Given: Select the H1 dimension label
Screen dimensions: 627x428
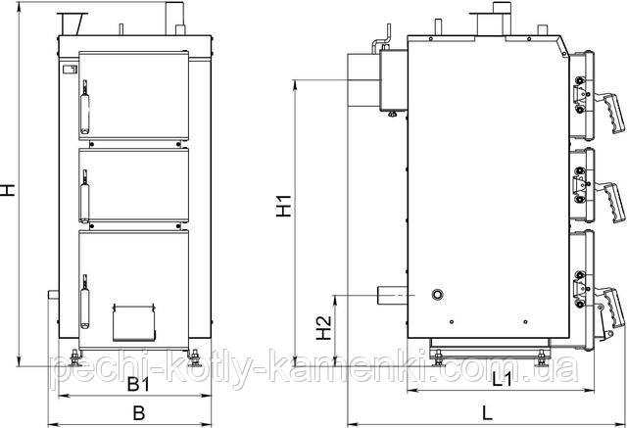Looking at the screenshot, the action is (x=284, y=206).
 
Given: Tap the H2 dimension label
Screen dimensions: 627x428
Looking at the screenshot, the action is (x=324, y=328).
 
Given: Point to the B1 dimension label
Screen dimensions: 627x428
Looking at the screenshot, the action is (x=138, y=385).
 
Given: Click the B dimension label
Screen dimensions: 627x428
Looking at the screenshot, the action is (x=139, y=412).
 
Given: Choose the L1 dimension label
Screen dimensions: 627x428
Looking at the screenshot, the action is (x=502, y=379).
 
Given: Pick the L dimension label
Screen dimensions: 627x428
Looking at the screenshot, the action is (x=487, y=412).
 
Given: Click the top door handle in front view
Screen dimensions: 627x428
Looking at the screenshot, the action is (x=85, y=107).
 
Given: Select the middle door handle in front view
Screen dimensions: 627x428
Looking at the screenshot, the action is (x=84, y=197).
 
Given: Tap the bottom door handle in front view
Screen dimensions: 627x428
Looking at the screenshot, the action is (x=84, y=302).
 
